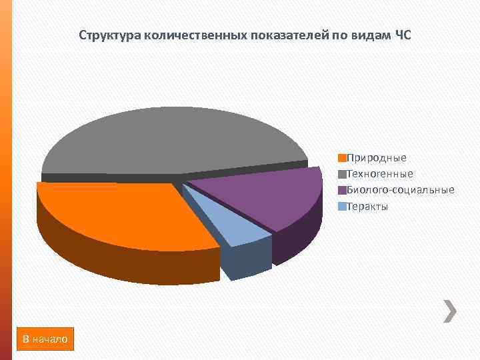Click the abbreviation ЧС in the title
[403, 35]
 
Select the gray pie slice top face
[167, 140]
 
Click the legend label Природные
[377, 158]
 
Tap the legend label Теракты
[367, 206]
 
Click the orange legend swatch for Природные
[342, 158]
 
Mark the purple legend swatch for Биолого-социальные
[342, 190]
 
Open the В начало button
[45, 339]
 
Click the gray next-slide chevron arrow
[450, 311]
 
